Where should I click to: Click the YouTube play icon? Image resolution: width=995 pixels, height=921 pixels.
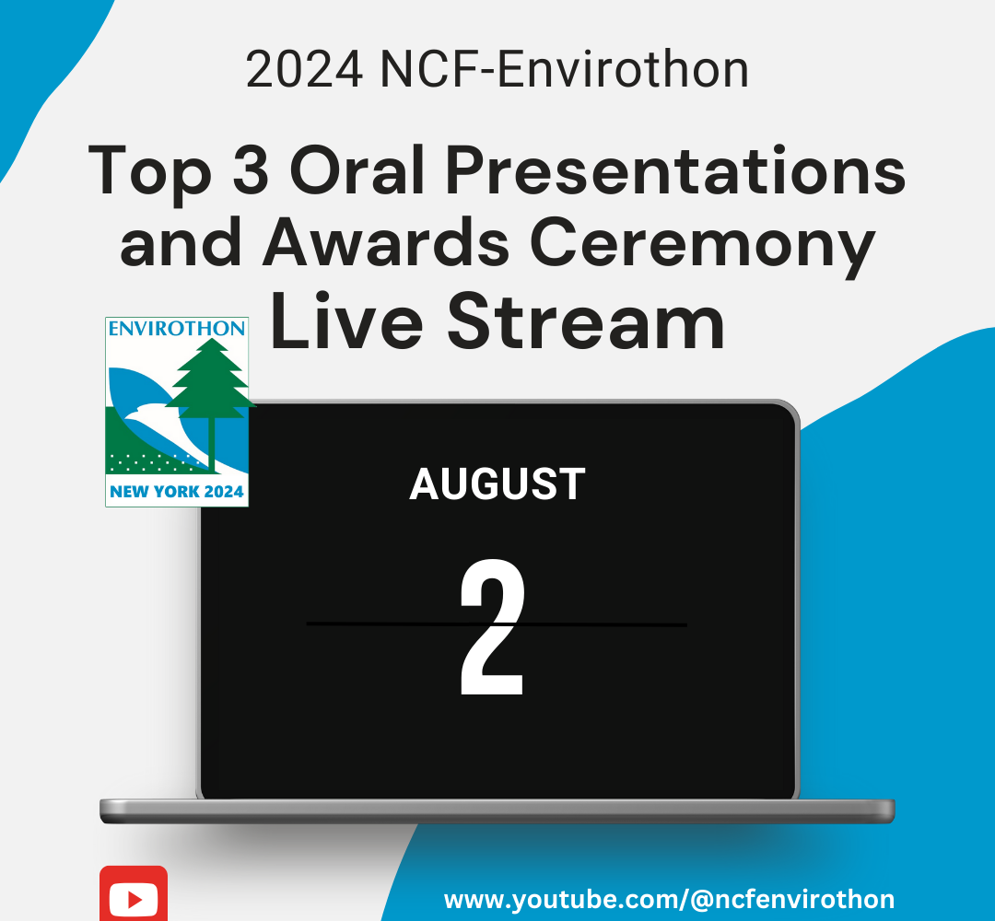134,894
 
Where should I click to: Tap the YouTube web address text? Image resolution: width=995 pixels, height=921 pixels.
669,900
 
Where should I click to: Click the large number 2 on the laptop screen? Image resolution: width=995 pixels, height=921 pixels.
492,627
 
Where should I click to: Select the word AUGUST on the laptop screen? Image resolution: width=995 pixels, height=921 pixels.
497,484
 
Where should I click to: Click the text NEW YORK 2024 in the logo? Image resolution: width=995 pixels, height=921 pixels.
176,492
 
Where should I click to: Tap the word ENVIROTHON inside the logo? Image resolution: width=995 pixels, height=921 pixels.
176,329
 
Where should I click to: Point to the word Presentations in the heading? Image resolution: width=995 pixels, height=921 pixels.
675,169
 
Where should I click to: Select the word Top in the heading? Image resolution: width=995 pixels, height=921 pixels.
150,172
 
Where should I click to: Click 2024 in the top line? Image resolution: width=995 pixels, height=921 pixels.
305,69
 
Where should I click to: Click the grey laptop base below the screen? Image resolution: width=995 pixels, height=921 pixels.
497,811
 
